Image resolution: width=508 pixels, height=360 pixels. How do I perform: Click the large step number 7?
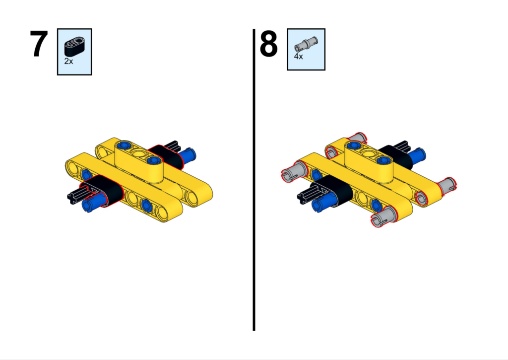coord(39,44)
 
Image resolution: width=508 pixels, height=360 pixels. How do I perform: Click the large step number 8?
coord(268,44)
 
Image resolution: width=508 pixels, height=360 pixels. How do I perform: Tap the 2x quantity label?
coord(68,61)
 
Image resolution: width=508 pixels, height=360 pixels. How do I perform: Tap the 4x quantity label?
coord(298,56)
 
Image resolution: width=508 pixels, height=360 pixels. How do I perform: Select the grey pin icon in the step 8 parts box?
coord(306,44)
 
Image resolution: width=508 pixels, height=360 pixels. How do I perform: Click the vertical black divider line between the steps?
coord(254,180)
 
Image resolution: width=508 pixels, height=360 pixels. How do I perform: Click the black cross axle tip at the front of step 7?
coord(73,196)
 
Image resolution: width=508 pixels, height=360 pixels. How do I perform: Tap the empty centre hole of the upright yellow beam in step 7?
coord(139,153)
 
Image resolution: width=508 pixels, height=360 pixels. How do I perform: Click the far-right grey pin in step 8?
coord(447,186)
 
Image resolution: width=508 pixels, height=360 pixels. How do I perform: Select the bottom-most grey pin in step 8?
coord(383,217)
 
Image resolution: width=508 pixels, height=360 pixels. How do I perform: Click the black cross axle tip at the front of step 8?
coord(304,196)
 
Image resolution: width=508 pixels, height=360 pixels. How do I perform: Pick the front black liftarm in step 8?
coord(334,190)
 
